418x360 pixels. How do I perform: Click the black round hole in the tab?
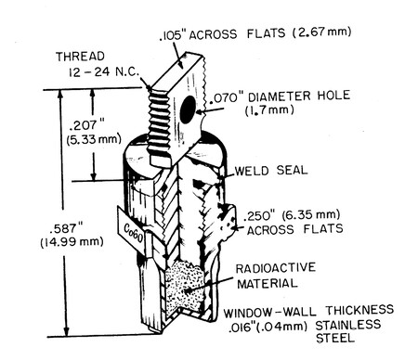[188, 109]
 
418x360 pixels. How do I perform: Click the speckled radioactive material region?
[185, 289]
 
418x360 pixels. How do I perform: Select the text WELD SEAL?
[271, 170]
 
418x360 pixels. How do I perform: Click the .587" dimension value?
[64, 228]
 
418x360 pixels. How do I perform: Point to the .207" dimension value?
[86, 126]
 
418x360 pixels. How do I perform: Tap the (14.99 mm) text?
[72, 242]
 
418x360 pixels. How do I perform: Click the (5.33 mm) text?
[94, 139]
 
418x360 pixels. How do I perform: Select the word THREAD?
[80, 57]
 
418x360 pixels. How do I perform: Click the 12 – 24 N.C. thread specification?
[104, 71]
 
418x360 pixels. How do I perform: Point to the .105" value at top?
[172, 36]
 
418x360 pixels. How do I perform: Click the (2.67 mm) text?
[322, 32]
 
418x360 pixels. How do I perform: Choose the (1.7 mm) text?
[269, 110]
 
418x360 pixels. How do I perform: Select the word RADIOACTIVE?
[276, 268]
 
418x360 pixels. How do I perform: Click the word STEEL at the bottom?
[335, 338]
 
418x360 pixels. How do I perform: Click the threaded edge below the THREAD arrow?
[159, 122]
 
